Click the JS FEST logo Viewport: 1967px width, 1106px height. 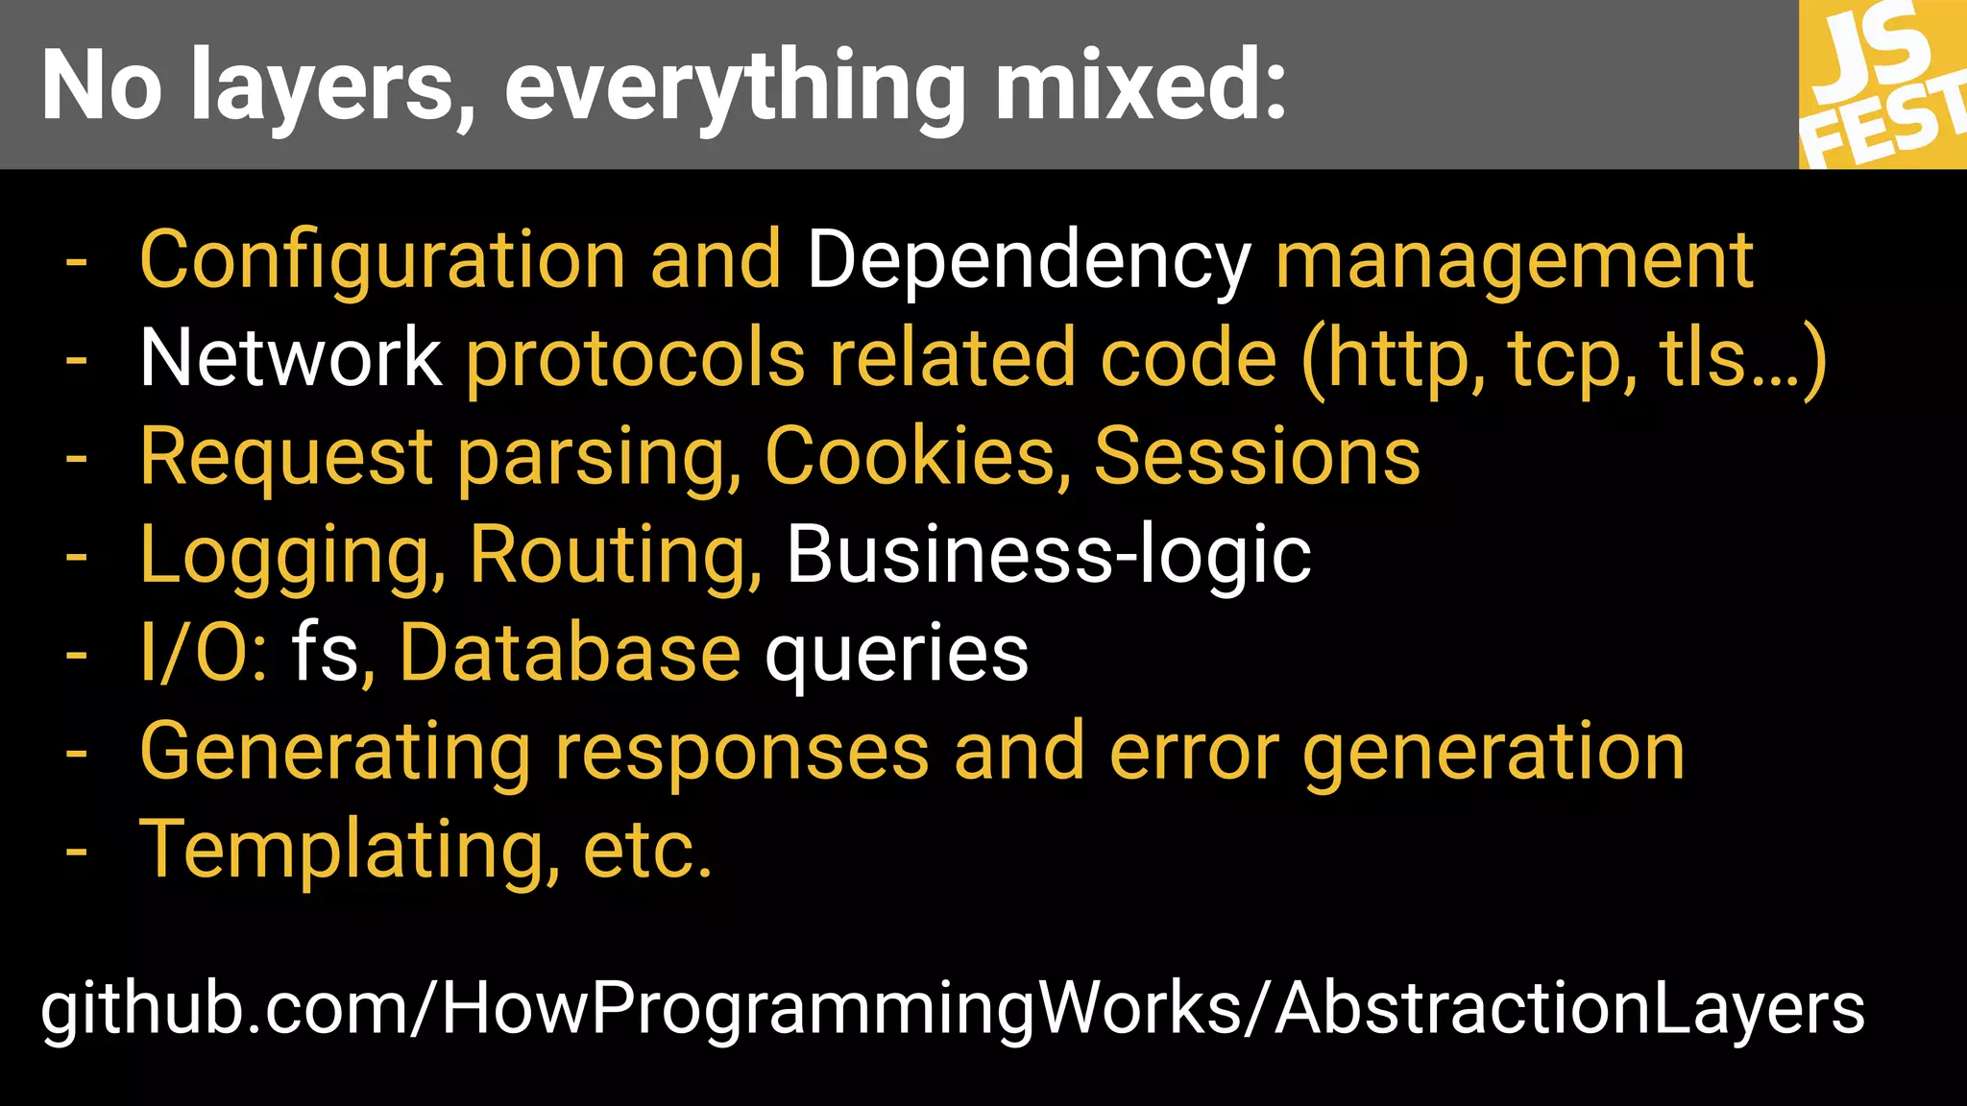tap(1882, 84)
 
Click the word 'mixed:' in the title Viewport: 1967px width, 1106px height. tap(1140, 86)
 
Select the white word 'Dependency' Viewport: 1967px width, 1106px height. tap(1029, 261)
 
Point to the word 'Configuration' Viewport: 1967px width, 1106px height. tap(382, 261)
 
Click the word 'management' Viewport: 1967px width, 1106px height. tap(1515, 261)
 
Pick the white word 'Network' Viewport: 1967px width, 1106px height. tap(290, 358)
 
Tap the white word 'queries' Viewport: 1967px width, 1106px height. tap(896, 655)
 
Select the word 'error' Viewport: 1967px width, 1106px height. tap(1194, 752)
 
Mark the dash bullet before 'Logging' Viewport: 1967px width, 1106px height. tap(76, 557)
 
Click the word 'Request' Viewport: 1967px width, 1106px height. tap(286, 458)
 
